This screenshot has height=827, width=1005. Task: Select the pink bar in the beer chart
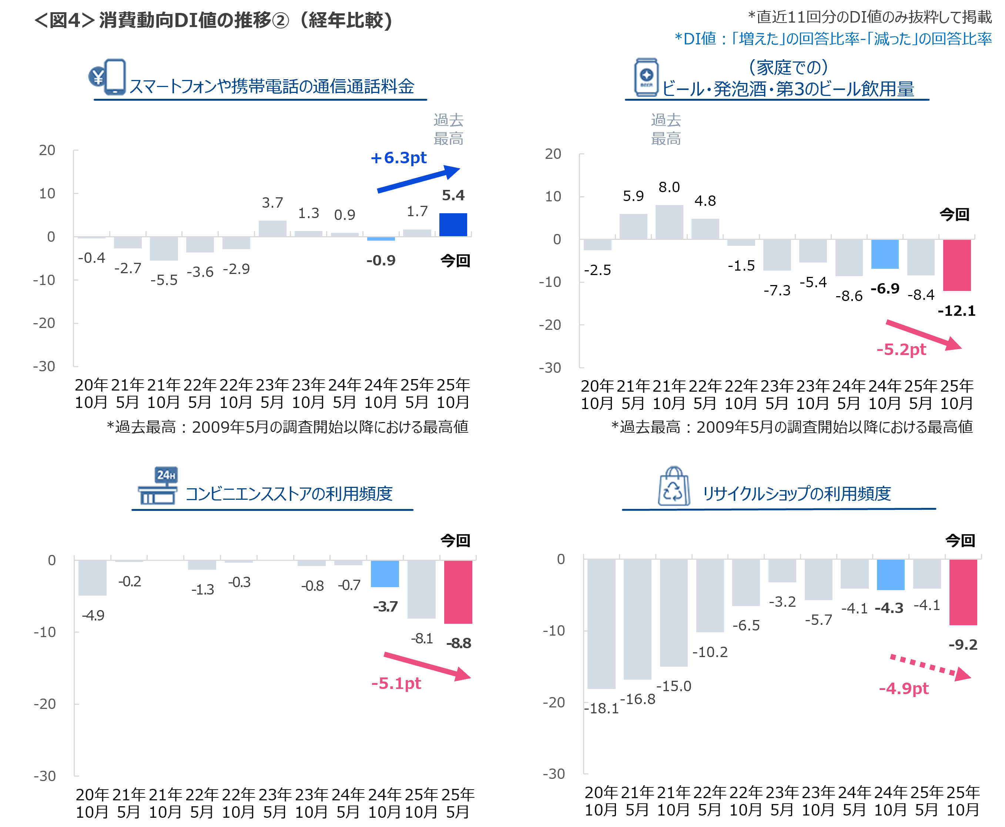pos(957,265)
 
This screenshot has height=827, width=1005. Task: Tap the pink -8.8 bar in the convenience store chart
pos(458,592)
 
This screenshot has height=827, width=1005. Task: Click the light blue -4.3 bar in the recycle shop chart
pos(890,575)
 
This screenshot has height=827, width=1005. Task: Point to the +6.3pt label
pos(398,158)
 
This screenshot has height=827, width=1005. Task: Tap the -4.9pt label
pos(904,689)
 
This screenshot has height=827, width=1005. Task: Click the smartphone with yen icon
pos(108,77)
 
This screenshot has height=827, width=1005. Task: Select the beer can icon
pos(646,77)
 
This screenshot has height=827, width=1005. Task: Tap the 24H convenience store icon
pos(158,486)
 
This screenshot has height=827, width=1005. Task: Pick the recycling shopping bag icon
pos(673,486)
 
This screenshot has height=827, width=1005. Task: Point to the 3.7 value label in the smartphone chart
pos(272,203)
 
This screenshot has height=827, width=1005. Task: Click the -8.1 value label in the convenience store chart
pos(422,638)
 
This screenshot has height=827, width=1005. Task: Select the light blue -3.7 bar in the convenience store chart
pos(385,573)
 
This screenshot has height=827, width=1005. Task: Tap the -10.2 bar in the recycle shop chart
pos(710,596)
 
